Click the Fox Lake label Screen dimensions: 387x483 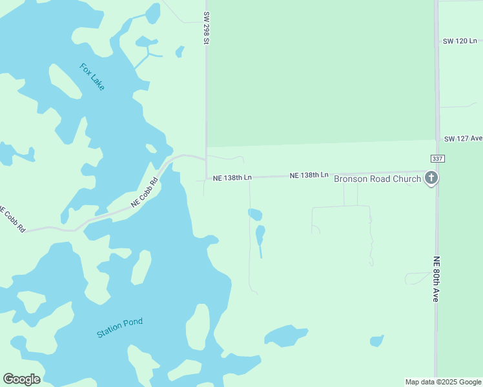click(92, 76)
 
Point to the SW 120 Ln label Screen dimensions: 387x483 click(459, 41)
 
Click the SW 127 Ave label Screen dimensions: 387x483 click(463, 138)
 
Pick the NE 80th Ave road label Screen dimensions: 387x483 click(436, 279)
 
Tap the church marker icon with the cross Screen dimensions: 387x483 click(431, 178)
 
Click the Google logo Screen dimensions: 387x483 click(21, 379)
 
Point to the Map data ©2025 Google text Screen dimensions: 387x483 click(444, 382)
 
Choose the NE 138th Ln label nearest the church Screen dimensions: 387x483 click(309, 175)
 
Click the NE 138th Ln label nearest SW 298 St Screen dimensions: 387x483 click(232, 177)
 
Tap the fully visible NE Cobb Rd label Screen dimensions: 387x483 click(145, 192)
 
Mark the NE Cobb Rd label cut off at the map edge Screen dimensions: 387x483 click(12, 219)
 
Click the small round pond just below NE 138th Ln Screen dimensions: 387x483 click(255, 214)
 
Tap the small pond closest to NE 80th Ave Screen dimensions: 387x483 click(376, 341)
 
